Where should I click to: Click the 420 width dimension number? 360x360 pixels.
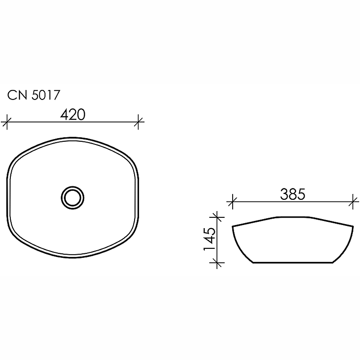73,115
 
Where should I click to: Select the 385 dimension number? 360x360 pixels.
292,194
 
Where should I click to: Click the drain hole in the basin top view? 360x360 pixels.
72,197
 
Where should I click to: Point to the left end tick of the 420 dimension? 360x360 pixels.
6,121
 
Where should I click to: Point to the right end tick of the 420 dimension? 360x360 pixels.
139,121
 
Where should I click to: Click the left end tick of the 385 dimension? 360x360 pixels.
232,201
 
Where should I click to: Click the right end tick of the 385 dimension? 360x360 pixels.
353,201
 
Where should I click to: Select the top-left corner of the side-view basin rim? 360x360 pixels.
233,226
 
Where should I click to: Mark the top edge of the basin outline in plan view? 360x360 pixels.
73,138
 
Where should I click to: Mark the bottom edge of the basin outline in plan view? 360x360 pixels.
73,257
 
